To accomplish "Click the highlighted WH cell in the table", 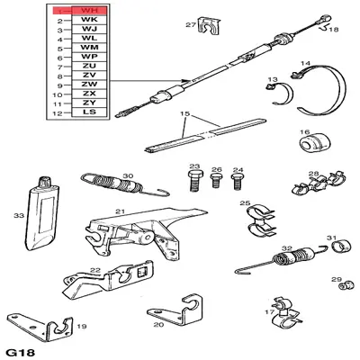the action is [89, 11].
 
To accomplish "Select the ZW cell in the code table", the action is [89, 85].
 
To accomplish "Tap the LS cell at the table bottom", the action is [89, 112].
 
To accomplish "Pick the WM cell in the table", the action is [89, 48].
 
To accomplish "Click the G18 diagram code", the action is [21, 353].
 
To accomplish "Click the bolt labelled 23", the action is [194, 181].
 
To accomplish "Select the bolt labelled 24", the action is [238, 181].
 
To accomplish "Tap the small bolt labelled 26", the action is [216, 180].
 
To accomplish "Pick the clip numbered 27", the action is [209, 26].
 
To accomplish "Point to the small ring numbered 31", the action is [341, 247].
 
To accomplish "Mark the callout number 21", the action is [120, 211].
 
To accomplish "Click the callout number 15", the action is [185, 113].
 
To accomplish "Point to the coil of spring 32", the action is [291, 256].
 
